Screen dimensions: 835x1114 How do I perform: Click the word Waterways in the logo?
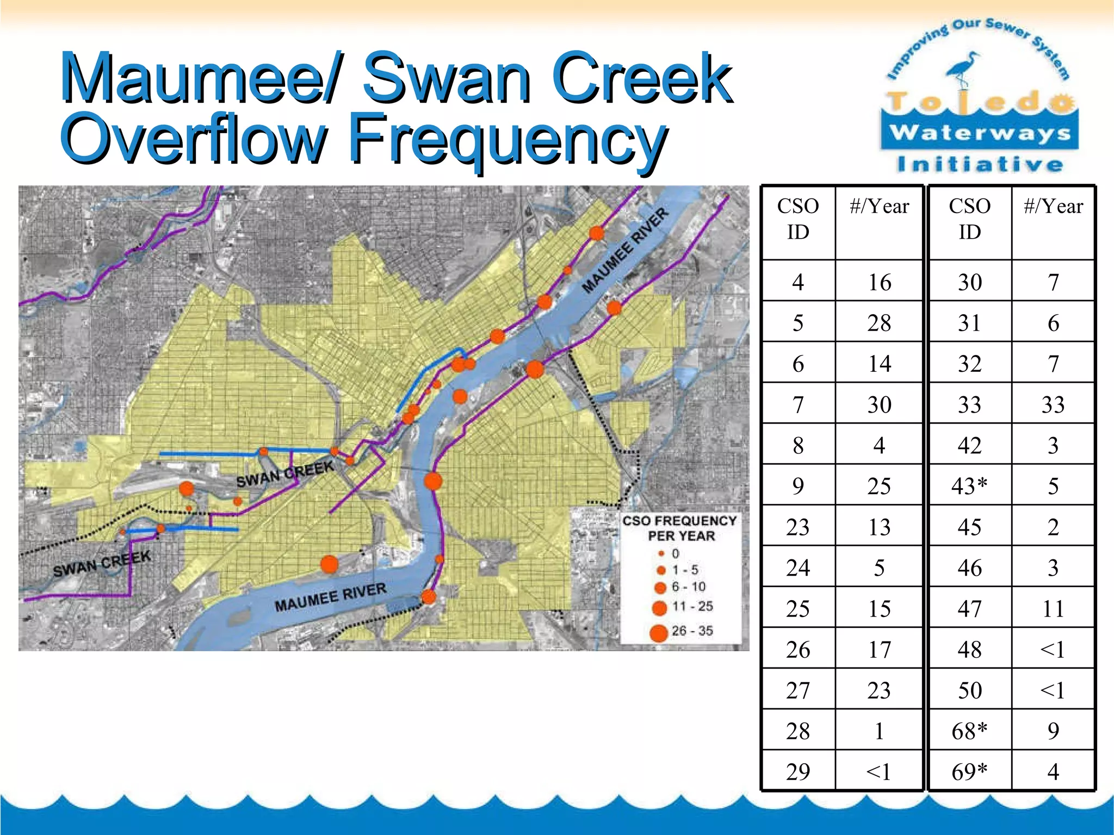coord(980,132)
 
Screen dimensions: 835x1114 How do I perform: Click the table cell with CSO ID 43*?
coord(969,485)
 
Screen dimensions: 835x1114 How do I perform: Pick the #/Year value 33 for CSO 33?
coord(1053,404)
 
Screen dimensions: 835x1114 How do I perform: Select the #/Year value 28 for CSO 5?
coord(879,323)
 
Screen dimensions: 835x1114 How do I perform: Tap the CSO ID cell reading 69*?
coord(969,771)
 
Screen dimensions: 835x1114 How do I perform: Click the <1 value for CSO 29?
coord(879,771)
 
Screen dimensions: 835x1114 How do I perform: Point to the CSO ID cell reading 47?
coord(969,608)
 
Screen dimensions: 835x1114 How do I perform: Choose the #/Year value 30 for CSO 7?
coord(879,404)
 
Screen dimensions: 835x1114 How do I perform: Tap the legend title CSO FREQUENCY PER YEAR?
coord(680,528)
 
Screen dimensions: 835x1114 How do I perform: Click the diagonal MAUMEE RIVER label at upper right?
coord(626,251)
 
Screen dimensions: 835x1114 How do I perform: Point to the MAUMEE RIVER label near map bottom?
coord(330,597)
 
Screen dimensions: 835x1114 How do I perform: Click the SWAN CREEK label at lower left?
coord(102,563)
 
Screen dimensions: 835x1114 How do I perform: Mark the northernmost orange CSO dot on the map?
coord(597,233)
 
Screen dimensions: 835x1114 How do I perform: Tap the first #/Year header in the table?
coord(879,207)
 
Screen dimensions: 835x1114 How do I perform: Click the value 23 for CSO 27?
coord(879,690)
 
